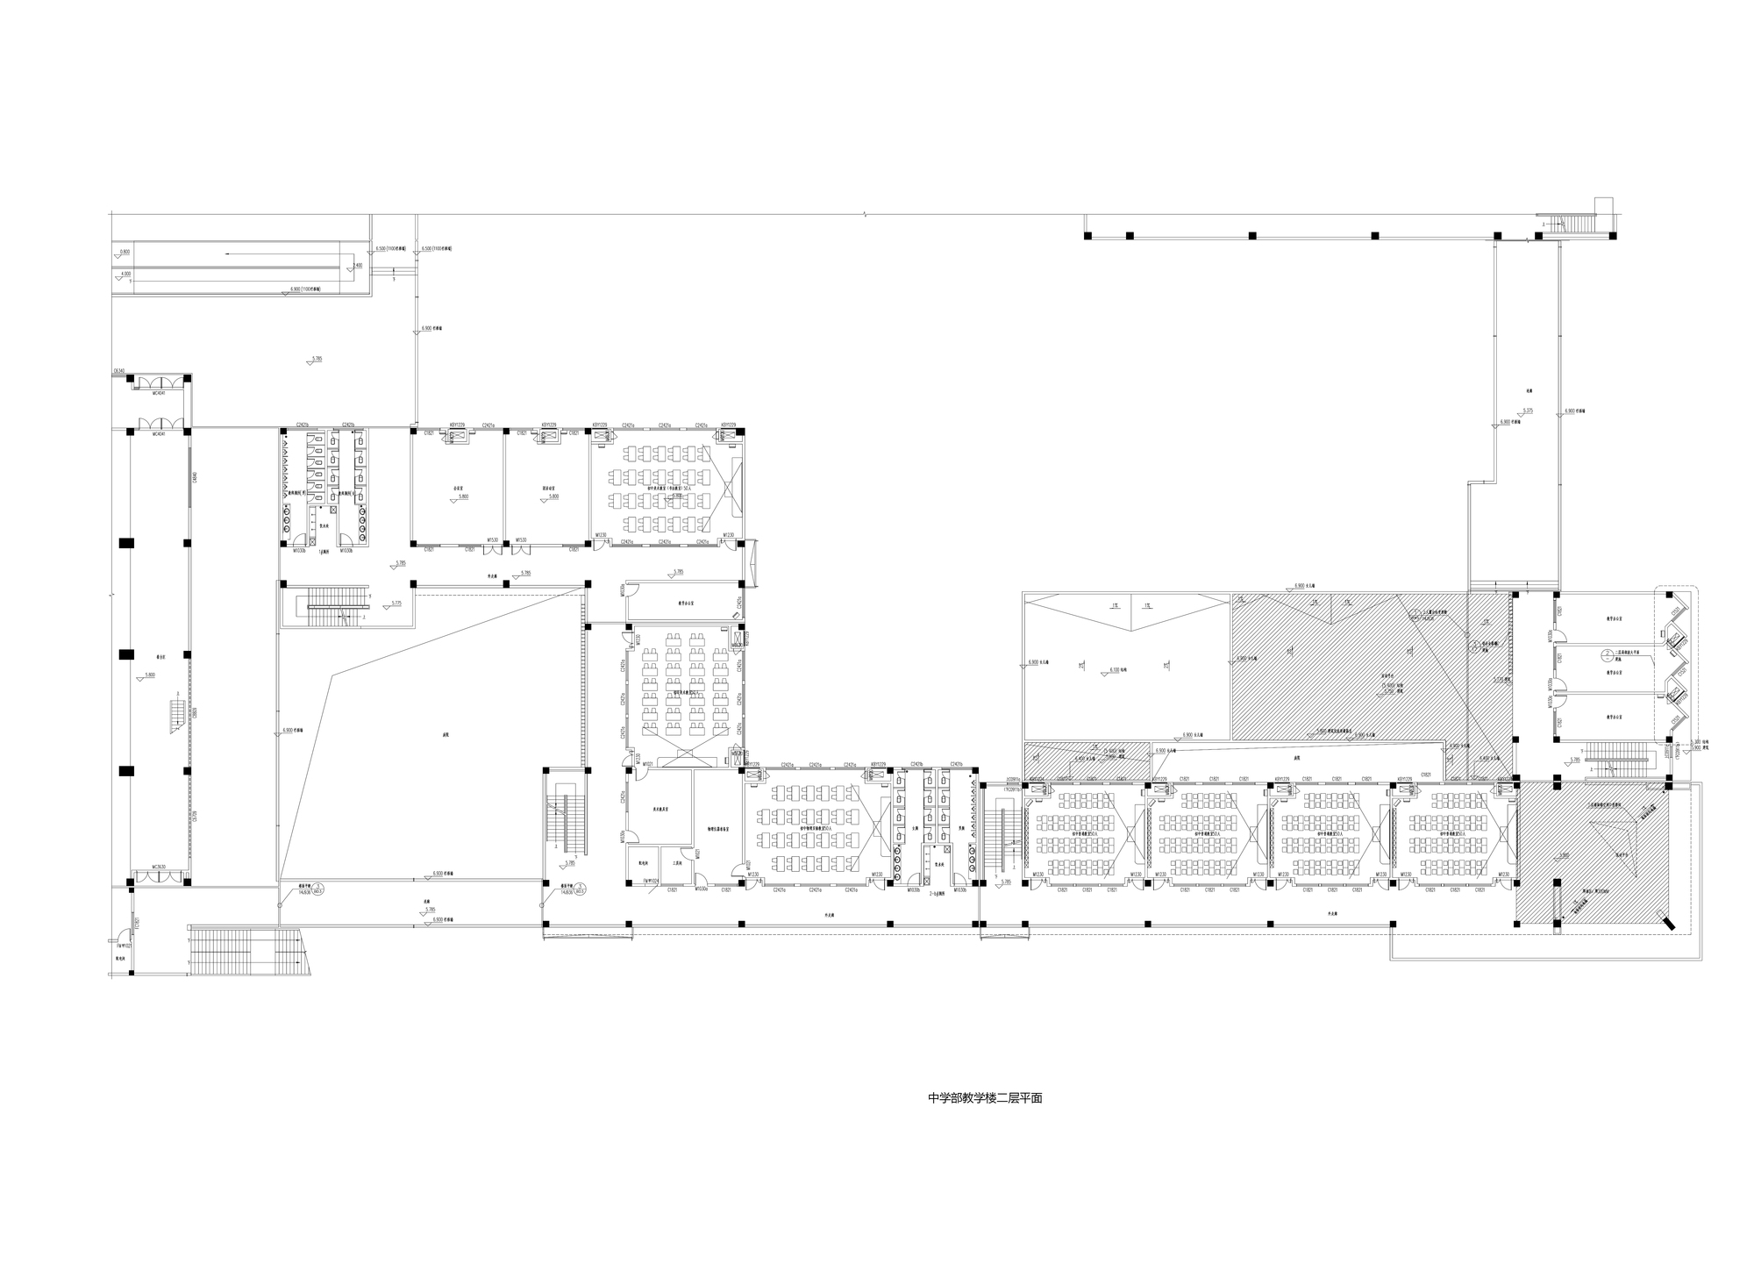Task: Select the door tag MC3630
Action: coord(159,867)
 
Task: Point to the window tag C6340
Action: coord(118,372)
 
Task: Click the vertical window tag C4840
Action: coord(195,478)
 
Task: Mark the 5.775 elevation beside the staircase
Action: coord(396,603)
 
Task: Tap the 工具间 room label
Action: coord(677,863)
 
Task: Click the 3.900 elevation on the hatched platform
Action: coord(1565,854)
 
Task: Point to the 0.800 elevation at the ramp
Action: coord(125,252)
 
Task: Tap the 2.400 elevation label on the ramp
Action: coord(357,265)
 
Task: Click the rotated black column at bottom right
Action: coord(1674,925)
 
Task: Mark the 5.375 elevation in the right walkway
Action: coord(1528,411)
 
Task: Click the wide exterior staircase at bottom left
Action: coord(249,953)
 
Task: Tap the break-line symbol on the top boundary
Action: coord(865,214)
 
